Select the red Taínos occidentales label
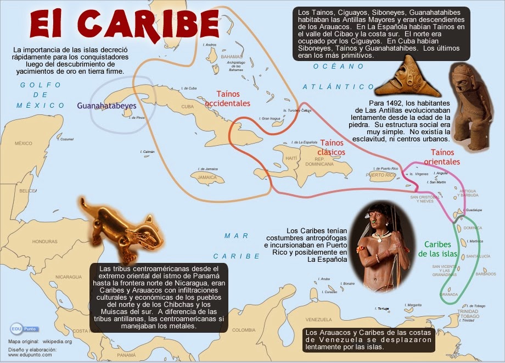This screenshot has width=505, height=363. [x=227, y=98]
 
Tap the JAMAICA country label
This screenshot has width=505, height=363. [x=207, y=177]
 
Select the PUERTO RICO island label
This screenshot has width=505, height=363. [x=382, y=175]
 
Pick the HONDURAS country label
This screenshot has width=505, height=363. [x=44, y=241]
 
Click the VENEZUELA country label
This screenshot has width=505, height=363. [x=319, y=320]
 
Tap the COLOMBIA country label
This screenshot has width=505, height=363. [x=243, y=329]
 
